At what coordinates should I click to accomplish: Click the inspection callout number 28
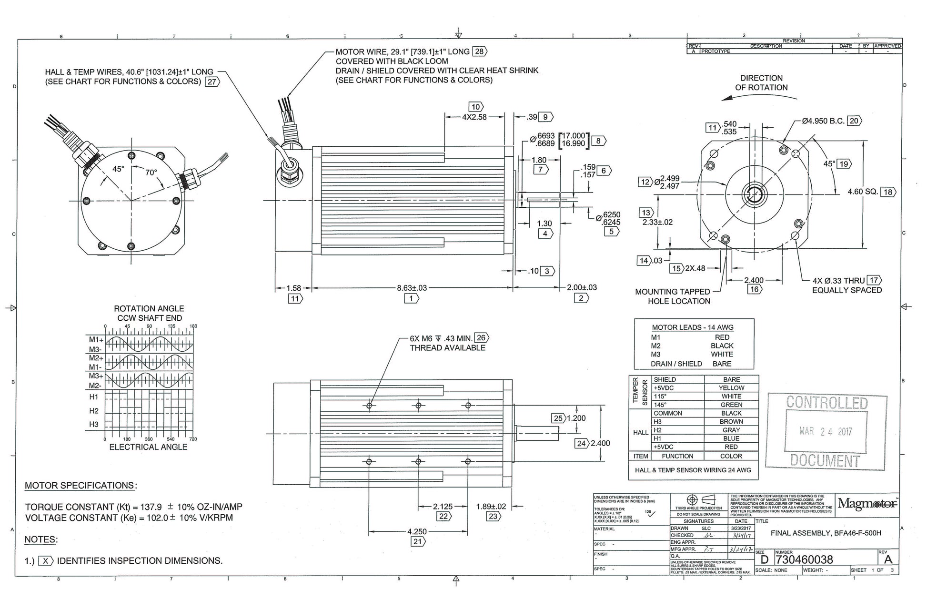tap(479, 51)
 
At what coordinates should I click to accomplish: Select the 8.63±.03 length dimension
tap(412, 288)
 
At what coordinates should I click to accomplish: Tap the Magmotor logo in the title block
tap(867, 503)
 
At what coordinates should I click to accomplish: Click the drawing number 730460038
tap(805, 559)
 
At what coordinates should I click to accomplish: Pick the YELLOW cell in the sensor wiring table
tap(731, 388)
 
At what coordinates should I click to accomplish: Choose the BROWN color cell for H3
tap(731, 422)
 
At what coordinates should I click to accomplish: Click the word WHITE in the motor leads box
tap(722, 354)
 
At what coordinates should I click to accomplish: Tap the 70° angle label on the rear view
tap(151, 173)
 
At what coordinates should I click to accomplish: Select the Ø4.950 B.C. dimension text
tap(823, 121)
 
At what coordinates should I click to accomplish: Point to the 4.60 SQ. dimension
tap(863, 192)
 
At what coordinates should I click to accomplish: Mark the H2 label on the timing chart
tap(94, 411)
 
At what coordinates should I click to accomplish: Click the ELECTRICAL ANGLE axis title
tap(148, 447)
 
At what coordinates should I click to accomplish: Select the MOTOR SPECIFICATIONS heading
tap(80, 486)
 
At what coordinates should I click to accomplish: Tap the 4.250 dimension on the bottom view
tap(417, 531)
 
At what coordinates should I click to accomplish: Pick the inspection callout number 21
tap(417, 541)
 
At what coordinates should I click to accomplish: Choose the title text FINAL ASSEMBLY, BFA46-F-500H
tap(826, 533)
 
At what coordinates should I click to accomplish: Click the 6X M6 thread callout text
tap(441, 338)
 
